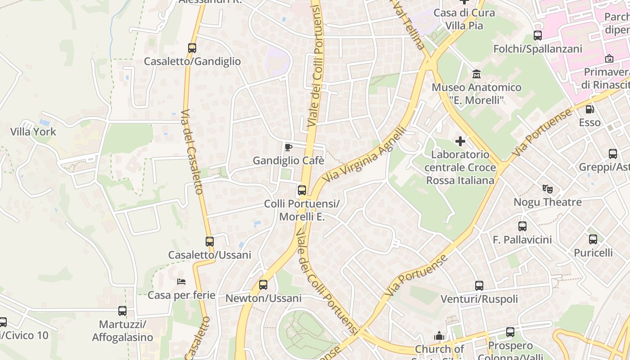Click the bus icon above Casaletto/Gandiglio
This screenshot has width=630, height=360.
(x=192, y=48)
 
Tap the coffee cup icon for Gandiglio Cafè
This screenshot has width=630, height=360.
(x=288, y=147)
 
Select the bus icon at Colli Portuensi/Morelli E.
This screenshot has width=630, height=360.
(x=302, y=190)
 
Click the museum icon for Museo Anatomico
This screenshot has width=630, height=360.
(x=477, y=74)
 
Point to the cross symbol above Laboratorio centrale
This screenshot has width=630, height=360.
(x=460, y=141)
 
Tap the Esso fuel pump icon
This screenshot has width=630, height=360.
(x=589, y=109)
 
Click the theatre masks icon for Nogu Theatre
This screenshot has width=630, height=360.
(x=547, y=189)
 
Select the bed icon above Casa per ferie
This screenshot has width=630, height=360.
(x=181, y=282)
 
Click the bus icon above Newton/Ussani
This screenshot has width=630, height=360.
(x=263, y=284)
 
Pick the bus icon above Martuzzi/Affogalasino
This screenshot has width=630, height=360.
(x=122, y=310)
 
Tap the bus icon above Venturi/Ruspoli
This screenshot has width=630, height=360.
(x=479, y=285)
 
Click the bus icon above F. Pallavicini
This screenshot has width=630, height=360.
(x=522, y=226)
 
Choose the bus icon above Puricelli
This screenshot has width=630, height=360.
(x=593, y=239)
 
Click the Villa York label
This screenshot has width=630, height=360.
(x=33, y=132)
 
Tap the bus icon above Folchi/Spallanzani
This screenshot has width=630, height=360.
(x=537, y=35)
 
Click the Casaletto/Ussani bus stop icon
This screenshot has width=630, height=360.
(x=210, y=241)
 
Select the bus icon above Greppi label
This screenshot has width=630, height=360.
(x=613, y=153)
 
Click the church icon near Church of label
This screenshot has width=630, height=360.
(x=439, y=336)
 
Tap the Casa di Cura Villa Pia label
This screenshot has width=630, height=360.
(x=464, y=19)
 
